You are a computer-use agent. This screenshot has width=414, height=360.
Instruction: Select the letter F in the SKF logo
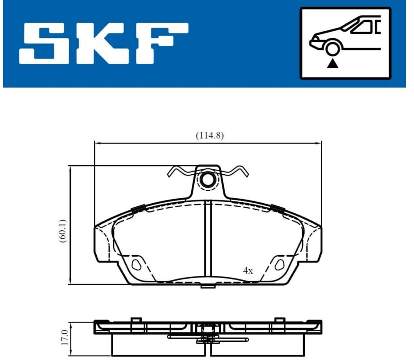pos(162,44)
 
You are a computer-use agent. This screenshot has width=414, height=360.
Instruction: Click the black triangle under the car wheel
pos(332,64)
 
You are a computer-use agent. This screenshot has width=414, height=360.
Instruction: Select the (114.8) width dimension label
pos(209,135)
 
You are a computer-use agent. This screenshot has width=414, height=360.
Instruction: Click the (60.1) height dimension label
pos(63,231)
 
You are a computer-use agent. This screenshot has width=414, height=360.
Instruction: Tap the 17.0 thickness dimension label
pos(65,337)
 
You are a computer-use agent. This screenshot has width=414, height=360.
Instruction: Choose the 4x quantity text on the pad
pos(248,271)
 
